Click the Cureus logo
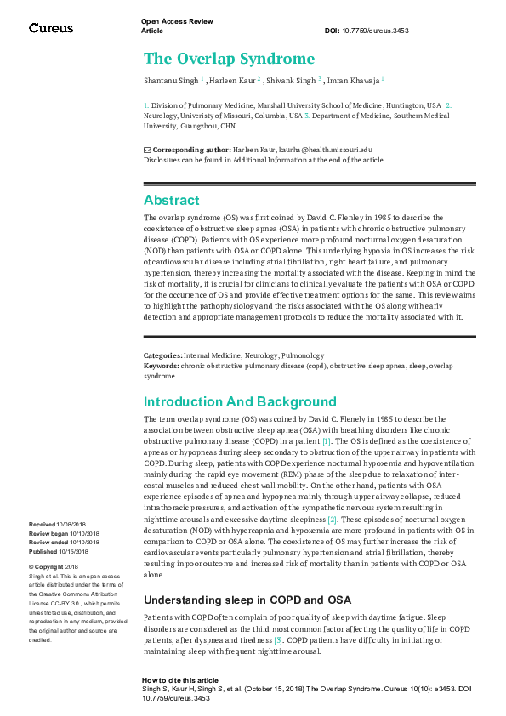(x=51, y=28)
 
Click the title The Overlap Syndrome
(x=229, y=59)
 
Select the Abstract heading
(x=172, y=201)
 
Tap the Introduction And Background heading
(x=240, y=401)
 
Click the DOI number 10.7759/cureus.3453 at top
(x=379, y=31)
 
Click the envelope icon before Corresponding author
(x=147, y=150)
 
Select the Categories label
(x=162, y=355)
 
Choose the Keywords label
(x=162, y=366)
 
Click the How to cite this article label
(x=180, y=681)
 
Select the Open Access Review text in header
(x=177, y=20)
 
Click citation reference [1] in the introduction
(x=327, y=442)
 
